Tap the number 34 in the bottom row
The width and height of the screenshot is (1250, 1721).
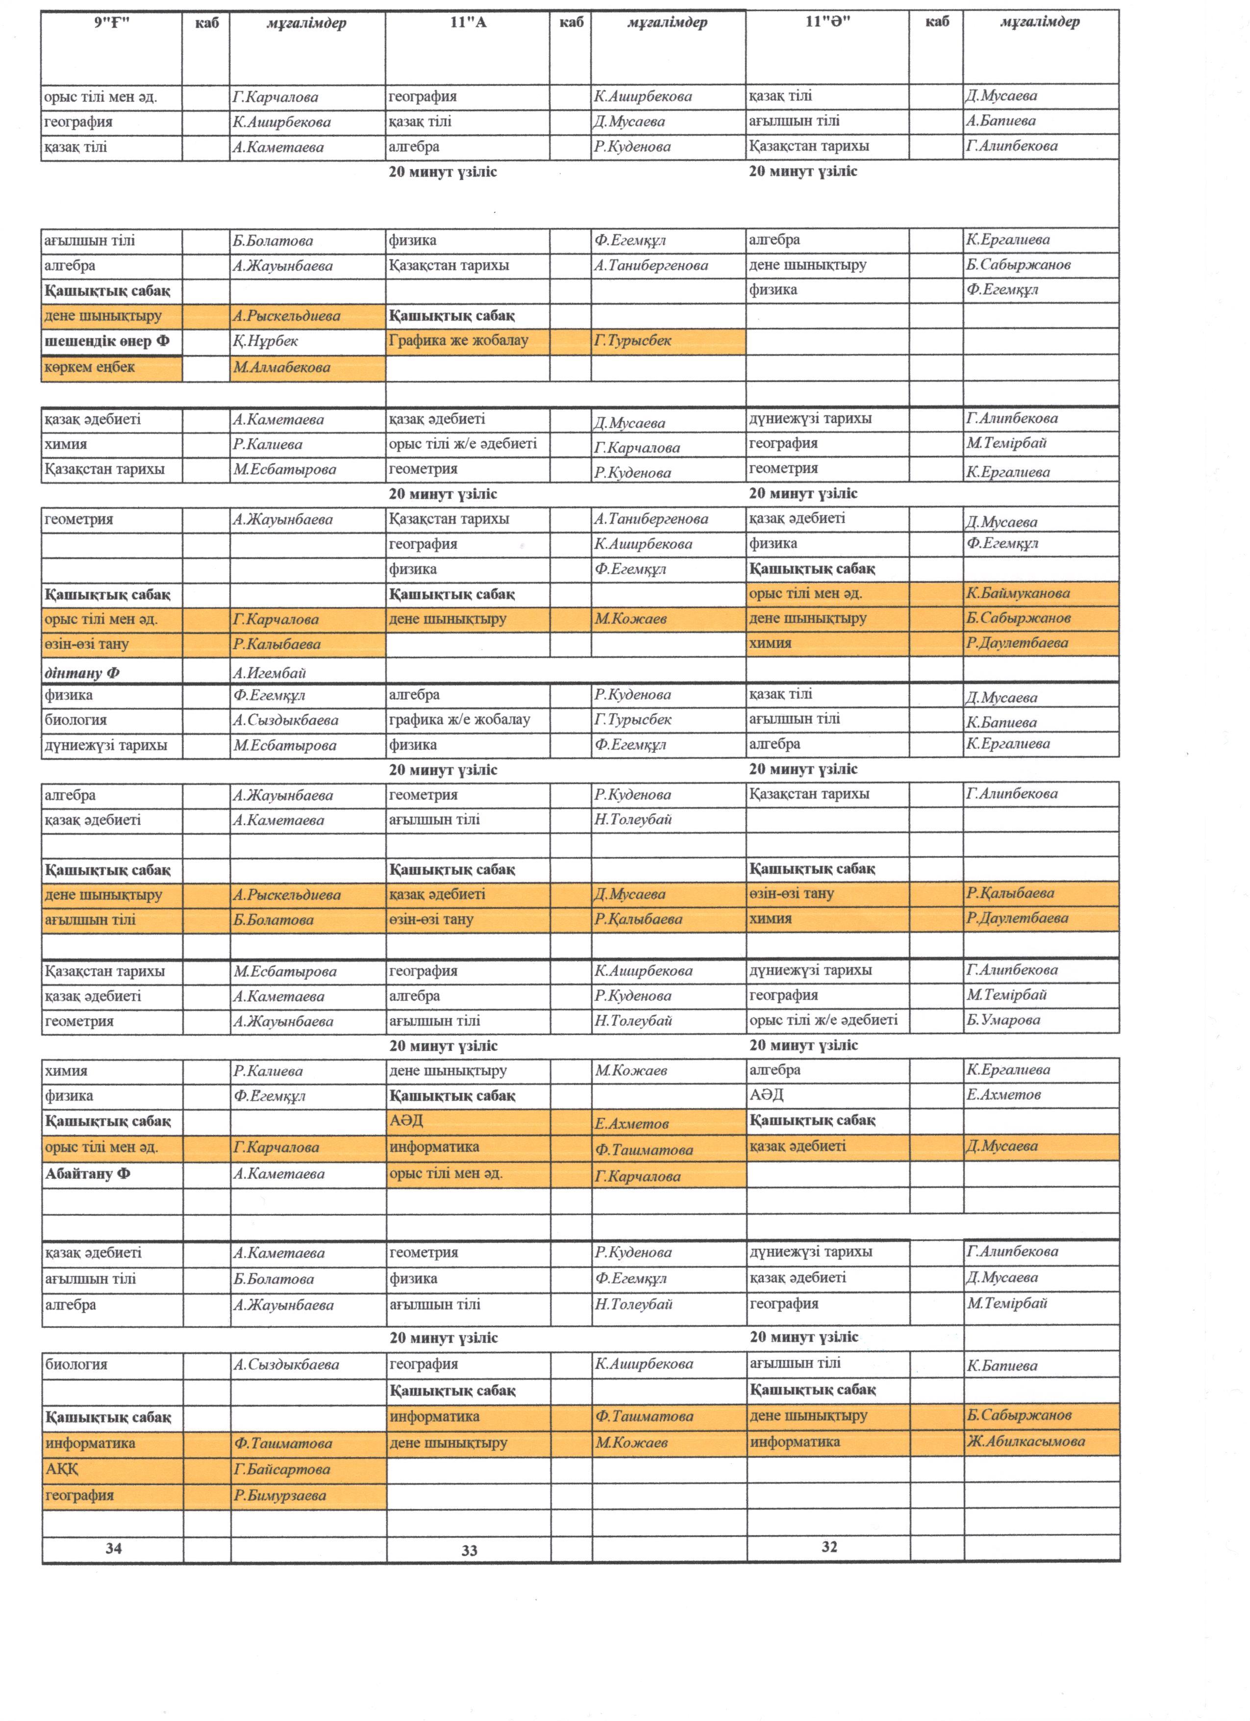(x=113, y=1548)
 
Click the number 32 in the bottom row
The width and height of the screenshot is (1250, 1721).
(x=829, y=1546)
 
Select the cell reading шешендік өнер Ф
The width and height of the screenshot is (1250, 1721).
(x=106, y=341)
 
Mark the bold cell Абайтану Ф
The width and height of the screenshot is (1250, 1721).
(x=87, y=1174)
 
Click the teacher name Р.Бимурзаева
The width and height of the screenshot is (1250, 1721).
(x=280, y=1495)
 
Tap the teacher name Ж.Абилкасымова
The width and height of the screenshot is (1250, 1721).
(x=1025, y=1441)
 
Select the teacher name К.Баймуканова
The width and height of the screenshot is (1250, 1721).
(x=1018, y=593)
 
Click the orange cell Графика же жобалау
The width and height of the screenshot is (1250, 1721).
(x=458, y=341)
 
